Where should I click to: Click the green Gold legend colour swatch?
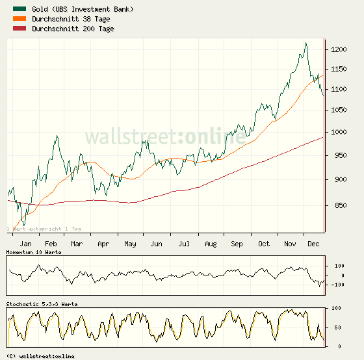(19, 9)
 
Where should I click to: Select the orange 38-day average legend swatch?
(19, 19)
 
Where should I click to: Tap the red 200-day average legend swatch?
(19, 29)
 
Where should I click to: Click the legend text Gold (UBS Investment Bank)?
(83, 9)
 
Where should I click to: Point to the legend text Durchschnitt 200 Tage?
(73, 29)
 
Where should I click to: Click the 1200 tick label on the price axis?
(337, 50)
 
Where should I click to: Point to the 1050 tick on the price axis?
(337, 110)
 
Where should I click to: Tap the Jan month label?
(27, 244)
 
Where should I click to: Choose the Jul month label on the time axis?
(184, 244)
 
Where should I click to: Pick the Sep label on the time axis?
(237, 244)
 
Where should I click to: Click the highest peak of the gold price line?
(305, 44)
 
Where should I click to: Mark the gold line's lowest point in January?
(23, 225)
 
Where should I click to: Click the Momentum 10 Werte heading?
(34, 251)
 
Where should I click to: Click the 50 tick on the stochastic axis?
(336, 327)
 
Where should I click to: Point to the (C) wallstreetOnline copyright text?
(40, 356)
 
